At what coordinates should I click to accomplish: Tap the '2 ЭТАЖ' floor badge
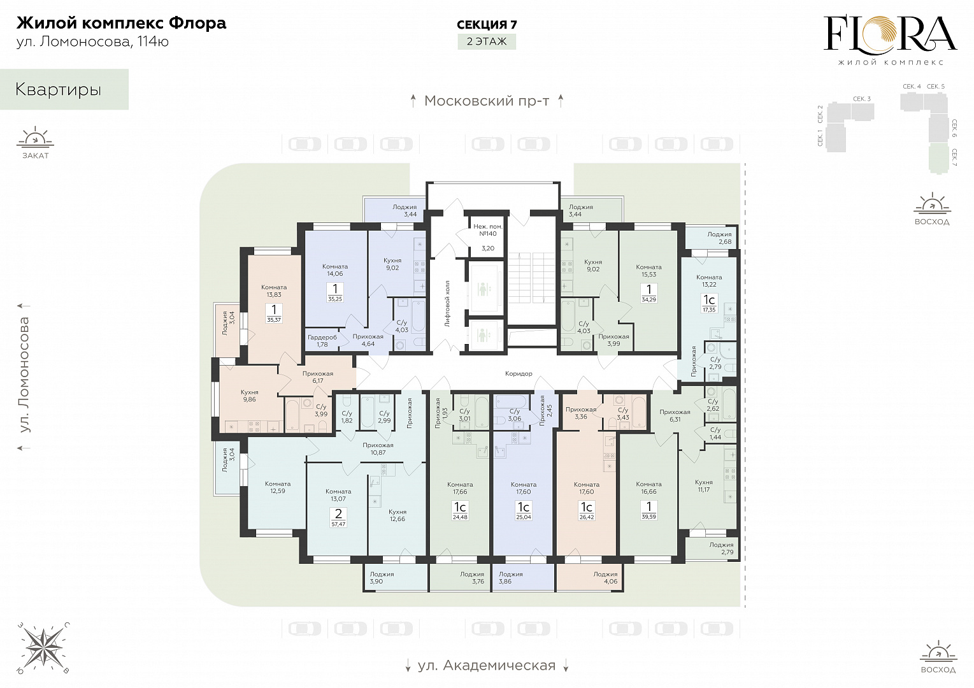[x=487, y=42]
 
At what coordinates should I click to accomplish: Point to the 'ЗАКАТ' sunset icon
[x=35, y=143]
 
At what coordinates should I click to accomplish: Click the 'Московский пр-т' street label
[x=487, y=101]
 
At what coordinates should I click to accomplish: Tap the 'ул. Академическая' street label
[x=487, y=666]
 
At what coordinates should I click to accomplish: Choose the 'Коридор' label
[x=519, y=373]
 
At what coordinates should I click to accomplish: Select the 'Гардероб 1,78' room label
[x=322, y=341]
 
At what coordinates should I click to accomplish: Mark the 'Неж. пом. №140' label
[x=488, y=230]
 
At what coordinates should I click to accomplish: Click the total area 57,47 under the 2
[x=338, y=524]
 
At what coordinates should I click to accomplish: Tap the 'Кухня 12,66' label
[x=397, y=515]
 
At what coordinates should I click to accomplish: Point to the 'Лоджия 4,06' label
[x=605, y=578]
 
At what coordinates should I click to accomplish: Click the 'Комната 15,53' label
[x=648, y=271]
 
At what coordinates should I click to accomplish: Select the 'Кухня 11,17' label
[x=703, y=486]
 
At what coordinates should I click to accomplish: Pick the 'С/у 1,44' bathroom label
[x=715, y=434]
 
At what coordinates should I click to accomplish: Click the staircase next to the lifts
[x=532, y=278]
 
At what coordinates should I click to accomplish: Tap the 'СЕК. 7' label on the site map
[x=954, y=157]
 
